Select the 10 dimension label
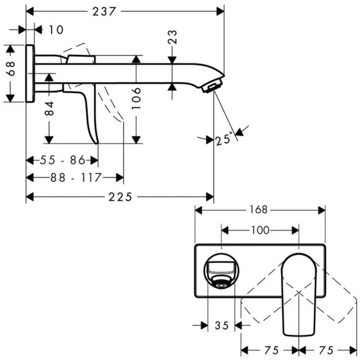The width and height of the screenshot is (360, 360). coord(56,30)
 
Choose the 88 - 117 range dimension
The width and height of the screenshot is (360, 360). coord(75,177)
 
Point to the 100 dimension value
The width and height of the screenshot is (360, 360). coord(260,230)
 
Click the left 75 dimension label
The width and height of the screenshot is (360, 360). coord(270,350)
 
